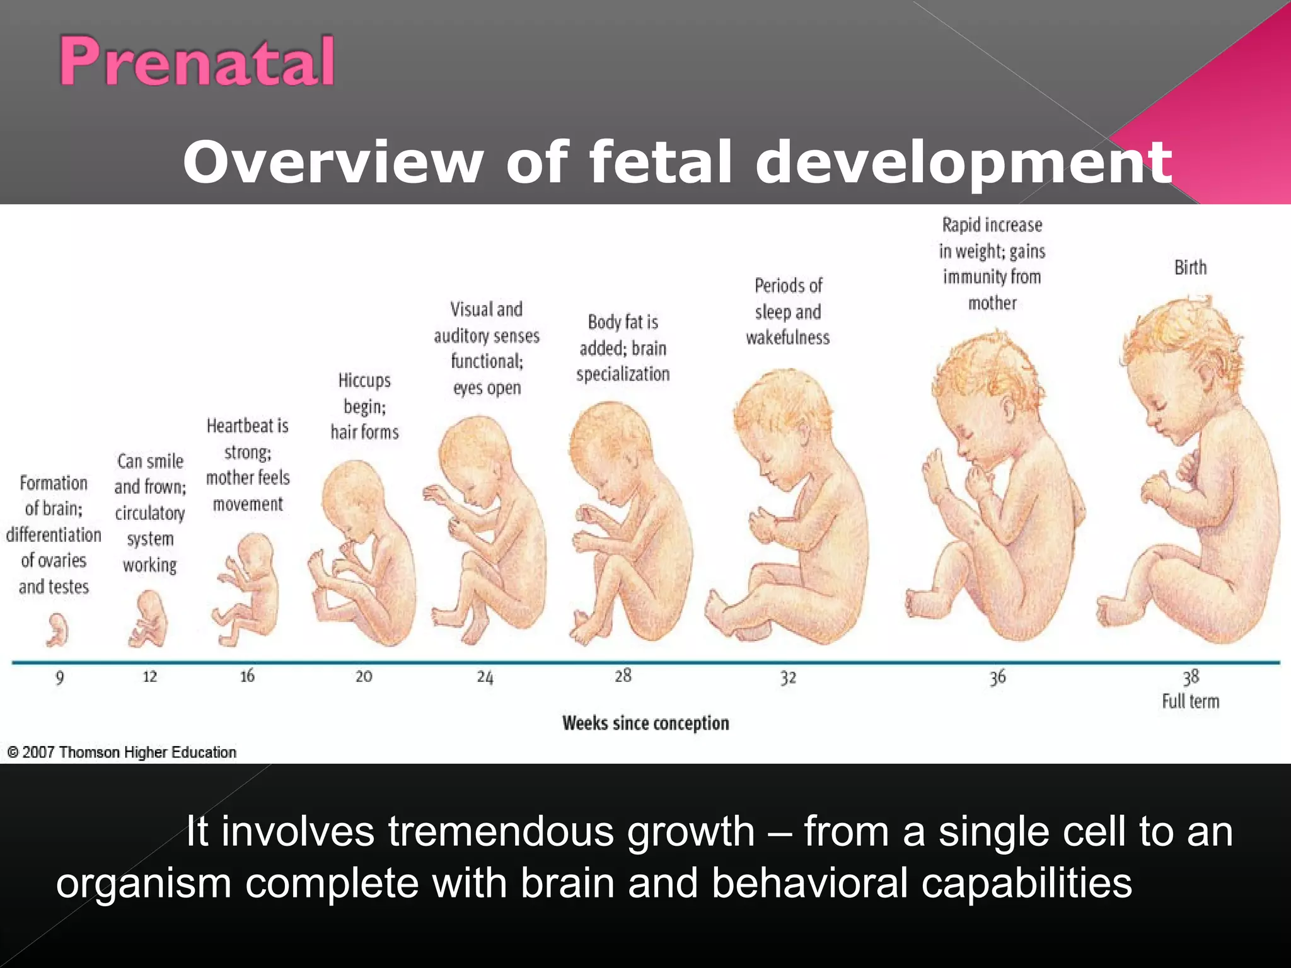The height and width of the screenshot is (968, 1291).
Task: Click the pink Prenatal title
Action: pos(197,61)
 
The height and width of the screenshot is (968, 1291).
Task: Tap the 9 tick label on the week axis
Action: pos(59,678)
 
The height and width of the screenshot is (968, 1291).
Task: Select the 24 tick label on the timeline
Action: pos(485,677)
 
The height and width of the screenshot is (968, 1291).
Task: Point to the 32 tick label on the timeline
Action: pos(788,677)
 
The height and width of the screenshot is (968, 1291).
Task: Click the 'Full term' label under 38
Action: pos(1190,701)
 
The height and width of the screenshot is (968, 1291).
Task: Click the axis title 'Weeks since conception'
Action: pos(645,723)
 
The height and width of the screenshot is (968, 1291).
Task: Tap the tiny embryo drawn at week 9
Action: pos(57,630)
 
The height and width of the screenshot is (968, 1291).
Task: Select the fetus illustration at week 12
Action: pos(149,620)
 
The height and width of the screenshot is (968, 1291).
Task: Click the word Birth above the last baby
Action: pos(1190,268)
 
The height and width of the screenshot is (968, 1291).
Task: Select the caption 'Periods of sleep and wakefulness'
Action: pos(788,312)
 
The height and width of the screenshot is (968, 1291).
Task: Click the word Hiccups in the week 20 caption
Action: pos(364,381)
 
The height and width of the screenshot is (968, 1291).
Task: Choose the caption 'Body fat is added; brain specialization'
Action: pos(623,349)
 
